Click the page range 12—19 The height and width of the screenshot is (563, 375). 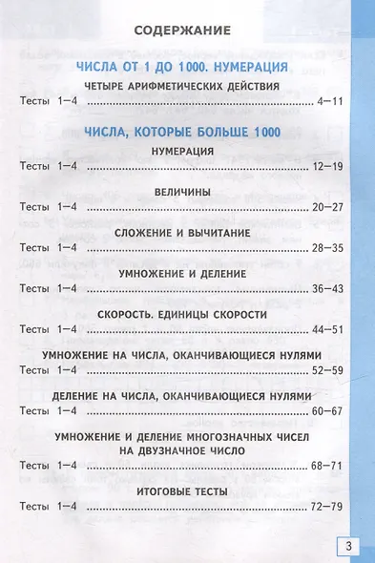click(x=326, y=166)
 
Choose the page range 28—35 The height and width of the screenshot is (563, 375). click(x=326, y=247)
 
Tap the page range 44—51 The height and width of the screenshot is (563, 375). click(x=326, y=328)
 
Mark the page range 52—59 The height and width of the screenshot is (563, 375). click(x=326, y=369)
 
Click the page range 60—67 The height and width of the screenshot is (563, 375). click(x=326, y=410)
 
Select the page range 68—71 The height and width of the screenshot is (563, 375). click(x=326, y=465)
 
